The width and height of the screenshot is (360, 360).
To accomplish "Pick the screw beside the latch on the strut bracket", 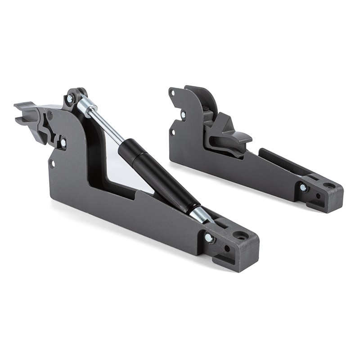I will (x=63, y=143).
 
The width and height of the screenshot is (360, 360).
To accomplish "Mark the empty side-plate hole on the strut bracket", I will (x=52, y=163).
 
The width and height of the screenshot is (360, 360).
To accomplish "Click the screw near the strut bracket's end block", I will (x=209, y=238).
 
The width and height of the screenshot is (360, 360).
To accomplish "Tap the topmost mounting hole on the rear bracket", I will (x=172, y=94).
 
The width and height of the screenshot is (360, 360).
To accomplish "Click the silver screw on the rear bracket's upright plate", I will (x=183, y=115).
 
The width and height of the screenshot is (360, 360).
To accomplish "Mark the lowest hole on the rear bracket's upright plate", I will (x=173, y=132).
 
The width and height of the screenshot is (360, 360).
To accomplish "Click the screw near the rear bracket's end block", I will (x=303, y=188).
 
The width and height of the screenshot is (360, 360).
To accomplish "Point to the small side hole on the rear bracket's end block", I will (x=318, y=196).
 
